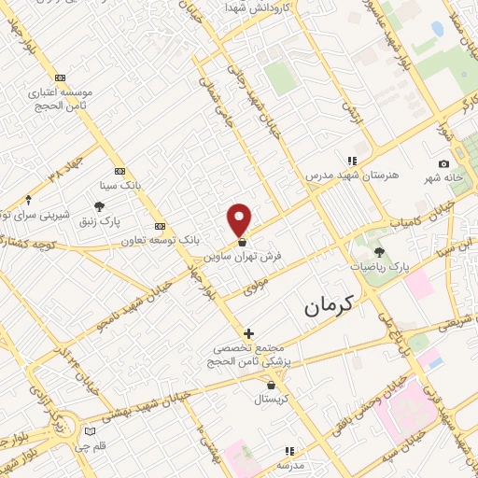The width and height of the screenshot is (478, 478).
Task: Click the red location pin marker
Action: click(x=240, y=219)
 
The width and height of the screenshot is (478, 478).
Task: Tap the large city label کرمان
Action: click(x=330, y=305)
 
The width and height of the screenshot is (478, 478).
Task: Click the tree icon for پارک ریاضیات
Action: click(x=379, y=252)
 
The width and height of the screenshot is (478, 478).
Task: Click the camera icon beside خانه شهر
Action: click(x=443, y=164)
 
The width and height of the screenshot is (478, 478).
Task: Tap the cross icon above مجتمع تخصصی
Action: click(x=248, y=333)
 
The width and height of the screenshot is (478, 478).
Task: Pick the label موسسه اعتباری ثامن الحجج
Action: click(x=62, y=100)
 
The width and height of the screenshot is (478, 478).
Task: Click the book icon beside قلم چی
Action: click(x=90, y=430)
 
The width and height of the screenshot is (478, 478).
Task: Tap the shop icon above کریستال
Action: click(x=271, y=384)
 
